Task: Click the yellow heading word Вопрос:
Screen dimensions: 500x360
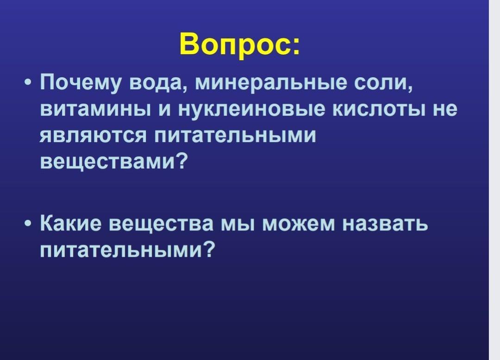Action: click(x=240, y=43)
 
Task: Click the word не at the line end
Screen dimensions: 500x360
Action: click(x=445, y=110)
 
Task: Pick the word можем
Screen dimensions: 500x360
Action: click(x=299, y=224)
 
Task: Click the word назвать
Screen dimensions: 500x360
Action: click(x=385, y=224)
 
